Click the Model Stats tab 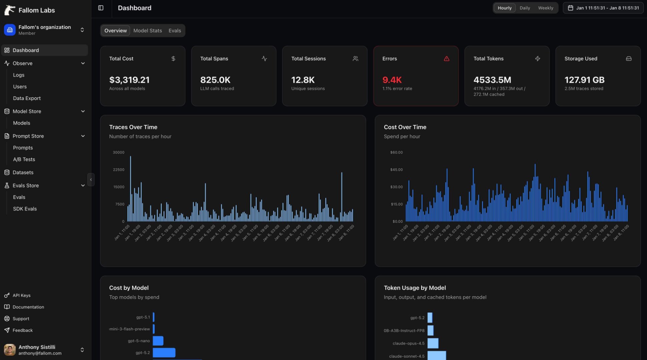pos(147,31)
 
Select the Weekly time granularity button pos(545,8)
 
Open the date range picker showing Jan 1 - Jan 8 pos(603,8)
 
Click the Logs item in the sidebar pos(19,75)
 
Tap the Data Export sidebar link pos(27,98)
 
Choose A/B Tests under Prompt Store pos(24,159)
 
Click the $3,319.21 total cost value pos(129,80)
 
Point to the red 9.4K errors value pos(392,80)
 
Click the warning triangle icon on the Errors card pos(447,59)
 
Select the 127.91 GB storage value pos(584,80)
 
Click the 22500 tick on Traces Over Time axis pos(118,170)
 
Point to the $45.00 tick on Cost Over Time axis pos(396,170)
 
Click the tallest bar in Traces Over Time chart pos(130,188)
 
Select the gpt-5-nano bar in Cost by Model pos(158,341)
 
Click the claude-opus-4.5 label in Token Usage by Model pos(408,343)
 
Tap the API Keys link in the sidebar pos(21,295)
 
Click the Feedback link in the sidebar pos(22,330)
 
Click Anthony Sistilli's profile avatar pos(10,350)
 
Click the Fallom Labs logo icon pos(10,10)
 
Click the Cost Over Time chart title pos(405,127)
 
